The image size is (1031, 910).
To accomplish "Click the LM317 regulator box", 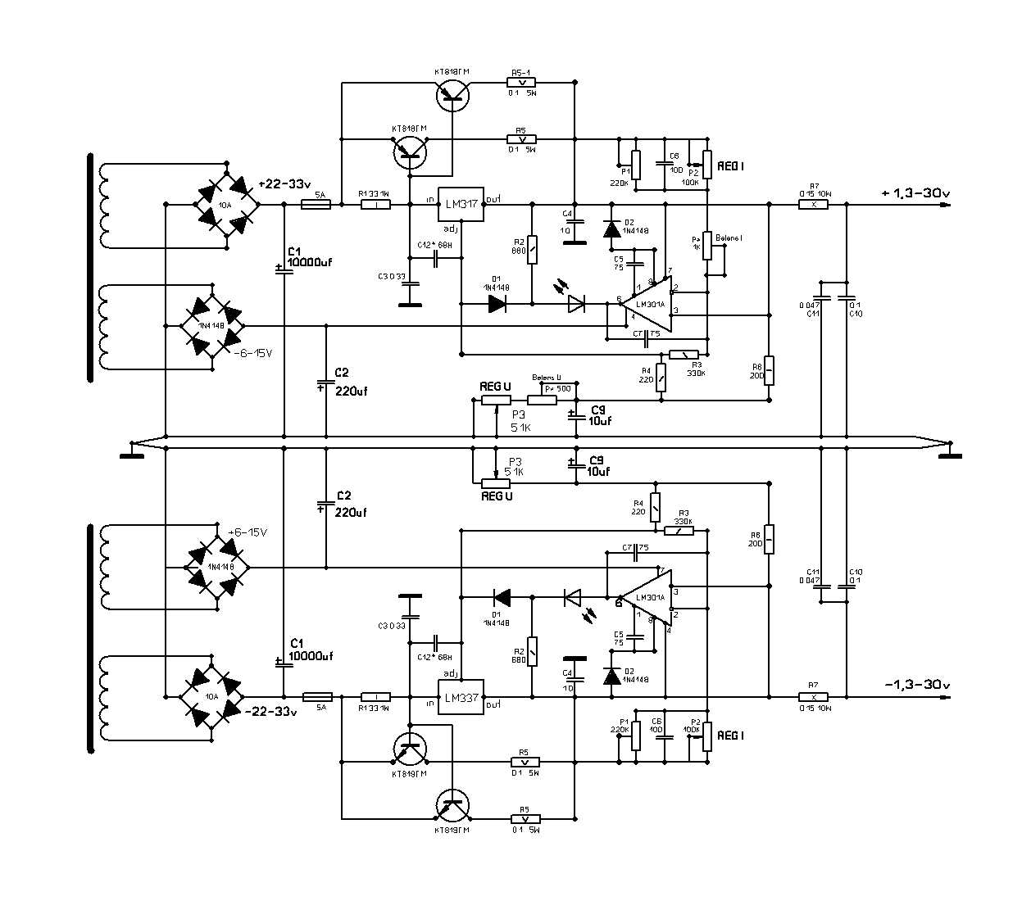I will [x=460, y=205].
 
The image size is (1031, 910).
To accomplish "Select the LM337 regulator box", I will [x=461, y=697].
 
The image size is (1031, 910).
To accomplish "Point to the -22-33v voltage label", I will [x=271, y=711].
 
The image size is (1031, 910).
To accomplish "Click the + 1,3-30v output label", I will [x=915, y=193].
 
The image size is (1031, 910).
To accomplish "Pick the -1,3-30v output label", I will [x=917, y=685].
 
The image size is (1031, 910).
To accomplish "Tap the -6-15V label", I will [x=252, y=353].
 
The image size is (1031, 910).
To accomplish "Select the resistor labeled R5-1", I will [x=521, y=82].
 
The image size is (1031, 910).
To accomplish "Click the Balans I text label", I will [x=729, y=238].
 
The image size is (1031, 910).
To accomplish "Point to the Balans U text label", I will [x=547, y=377].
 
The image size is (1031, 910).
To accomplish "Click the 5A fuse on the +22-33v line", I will [x=316, y=205].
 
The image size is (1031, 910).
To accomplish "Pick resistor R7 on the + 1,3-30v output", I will [x=814, y=205].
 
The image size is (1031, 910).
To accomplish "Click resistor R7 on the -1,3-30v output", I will [x=813, y=697].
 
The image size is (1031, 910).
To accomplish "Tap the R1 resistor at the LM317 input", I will [x=376, y=205].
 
